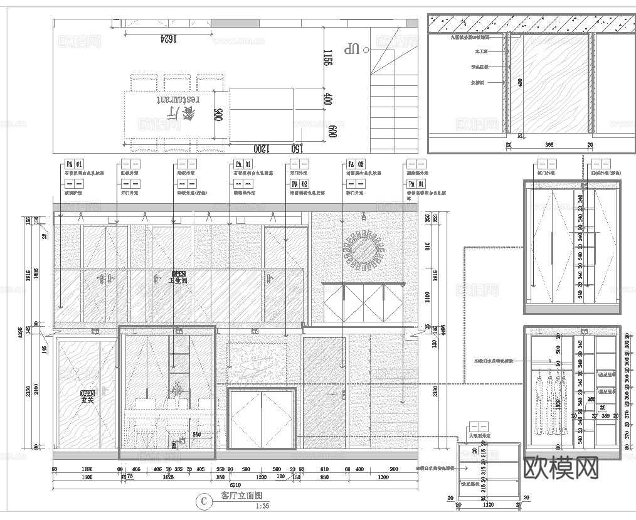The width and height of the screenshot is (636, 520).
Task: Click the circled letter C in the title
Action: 203,501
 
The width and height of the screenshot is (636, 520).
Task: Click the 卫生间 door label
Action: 178,281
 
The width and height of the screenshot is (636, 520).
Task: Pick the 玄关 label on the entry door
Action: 88,400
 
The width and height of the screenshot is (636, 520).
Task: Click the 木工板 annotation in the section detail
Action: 481,52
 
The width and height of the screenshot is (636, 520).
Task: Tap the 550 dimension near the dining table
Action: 196,435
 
